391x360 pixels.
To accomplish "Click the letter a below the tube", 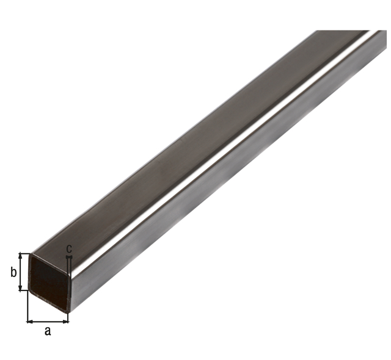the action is point(48,331).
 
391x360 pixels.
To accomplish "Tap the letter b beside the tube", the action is point(13,272).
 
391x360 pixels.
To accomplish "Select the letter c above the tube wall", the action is point(69,248).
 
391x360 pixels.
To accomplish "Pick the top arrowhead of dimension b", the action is point(21,256).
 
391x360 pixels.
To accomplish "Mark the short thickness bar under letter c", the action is point(69,256).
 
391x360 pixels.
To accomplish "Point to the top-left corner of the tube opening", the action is point(31,254).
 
